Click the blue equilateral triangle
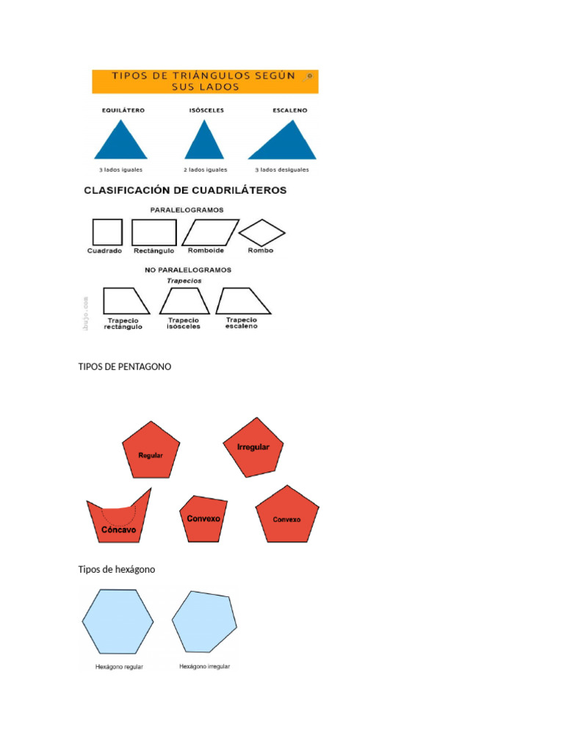click(x=120, y=143)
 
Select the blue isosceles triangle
click(x=203, y=143)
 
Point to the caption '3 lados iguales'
click(x=120, y=170)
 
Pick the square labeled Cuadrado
click(x=107, y=232)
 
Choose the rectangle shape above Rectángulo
click(x=153, y=232)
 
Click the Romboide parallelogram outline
click(x=210, y=232)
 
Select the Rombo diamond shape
click(x=261, y=233)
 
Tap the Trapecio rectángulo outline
click(x=124, y=301)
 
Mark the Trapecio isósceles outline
click(x=184, y=301)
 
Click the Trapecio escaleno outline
click(x=242, y=301)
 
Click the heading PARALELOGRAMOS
click(x=187, y=209)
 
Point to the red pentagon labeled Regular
click(x=151, y=449)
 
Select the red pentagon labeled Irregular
click(x=253, y=447)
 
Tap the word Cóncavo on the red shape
click(x=118, y=529)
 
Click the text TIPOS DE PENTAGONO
click(x=125, y=366)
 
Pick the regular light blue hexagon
click(x=117, y=621)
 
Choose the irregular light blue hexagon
click(x=204, y=621)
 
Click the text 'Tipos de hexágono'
click(x=117, y=569)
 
